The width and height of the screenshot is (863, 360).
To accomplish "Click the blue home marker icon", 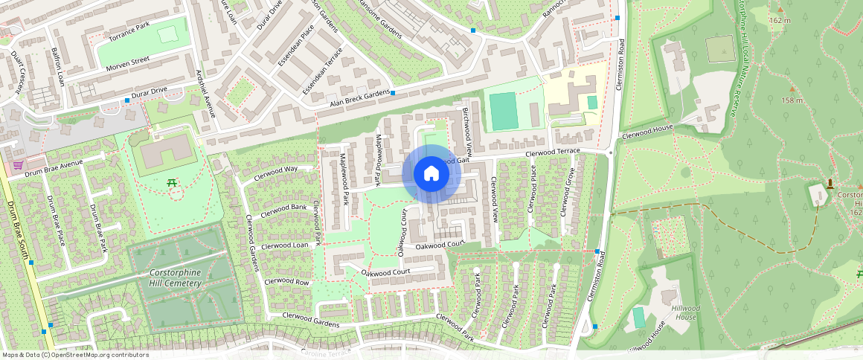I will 431,174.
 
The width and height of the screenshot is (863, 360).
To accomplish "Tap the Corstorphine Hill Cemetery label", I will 176,277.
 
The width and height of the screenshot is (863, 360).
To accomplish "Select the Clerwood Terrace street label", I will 552,152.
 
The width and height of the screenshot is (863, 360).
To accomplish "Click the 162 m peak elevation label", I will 780,20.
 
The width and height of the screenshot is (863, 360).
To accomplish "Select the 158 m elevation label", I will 792,100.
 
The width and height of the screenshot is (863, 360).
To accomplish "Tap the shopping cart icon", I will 17,164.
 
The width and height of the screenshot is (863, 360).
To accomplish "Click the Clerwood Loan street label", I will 284,245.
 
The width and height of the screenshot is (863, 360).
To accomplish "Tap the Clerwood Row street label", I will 286,282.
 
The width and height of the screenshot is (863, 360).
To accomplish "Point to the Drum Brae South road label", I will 18,231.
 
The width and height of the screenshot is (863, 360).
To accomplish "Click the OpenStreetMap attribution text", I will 74,355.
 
